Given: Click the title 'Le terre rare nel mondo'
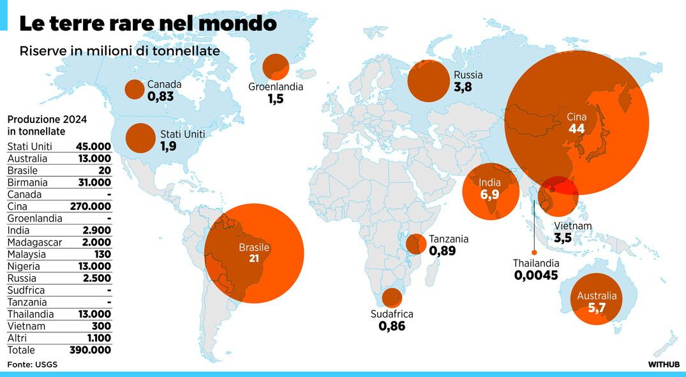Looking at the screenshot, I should click(x=147, y=24).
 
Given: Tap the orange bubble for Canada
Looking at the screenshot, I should click(x=135, y=90).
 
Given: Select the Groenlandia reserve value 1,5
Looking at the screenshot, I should click(x=275, y=99).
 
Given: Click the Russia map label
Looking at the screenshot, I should click(x=468, y=75).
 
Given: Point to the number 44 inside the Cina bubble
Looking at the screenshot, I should click(x=576, y=129).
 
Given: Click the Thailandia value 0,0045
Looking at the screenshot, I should click(x=535, y=276).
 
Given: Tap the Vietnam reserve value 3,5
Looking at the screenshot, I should click(x=562, y=239).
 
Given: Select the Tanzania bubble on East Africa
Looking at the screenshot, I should click(x=417, y=243).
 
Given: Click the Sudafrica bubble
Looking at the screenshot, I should click(x=392, y=297).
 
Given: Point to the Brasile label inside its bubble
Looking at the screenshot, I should click(x=254, y=248).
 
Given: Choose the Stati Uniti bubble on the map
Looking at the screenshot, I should click(x=140, y=138).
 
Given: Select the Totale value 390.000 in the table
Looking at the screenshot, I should click(x=90, y=350).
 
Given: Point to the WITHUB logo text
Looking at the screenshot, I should click(x=663, y=364).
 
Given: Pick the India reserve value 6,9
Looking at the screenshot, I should click(x=490, y=194).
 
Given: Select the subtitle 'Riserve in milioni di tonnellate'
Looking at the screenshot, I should click(x=119, y=51).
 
